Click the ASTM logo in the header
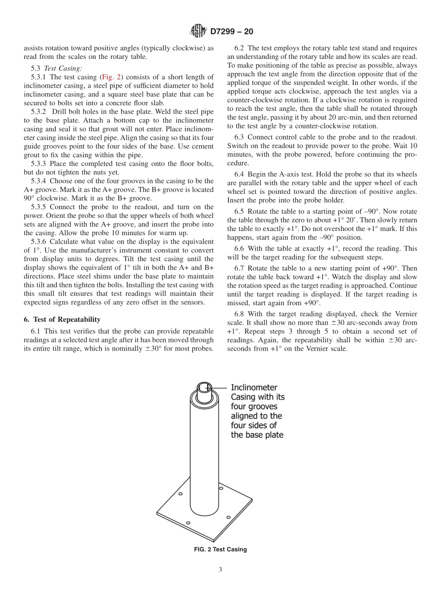[198, 32]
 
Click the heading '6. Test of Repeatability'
[62, 320]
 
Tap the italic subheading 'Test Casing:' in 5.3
[63, 68]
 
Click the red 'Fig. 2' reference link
[109, 77]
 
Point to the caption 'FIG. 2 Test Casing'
[220, 550]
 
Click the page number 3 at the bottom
[220, 570]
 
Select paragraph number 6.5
[240, 212]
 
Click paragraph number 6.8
[240, 314]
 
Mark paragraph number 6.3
[240, 137]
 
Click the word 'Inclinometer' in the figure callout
[254, 387]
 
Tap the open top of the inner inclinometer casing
[204, 386]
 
